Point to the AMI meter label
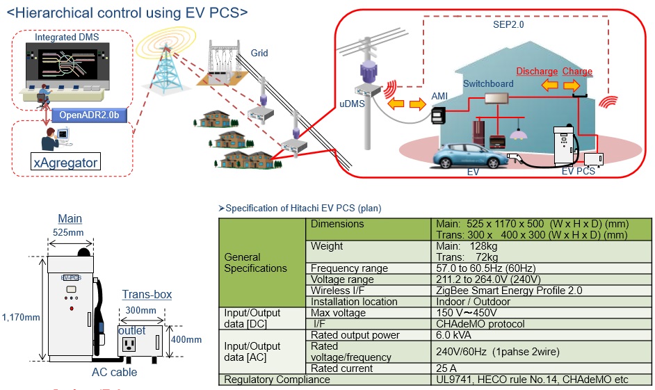(439, 95)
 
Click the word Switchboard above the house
(488, 83)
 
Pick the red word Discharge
(536, 72)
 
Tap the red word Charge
(577, 72)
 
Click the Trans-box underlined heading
(147, 295)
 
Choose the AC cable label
(115, 372)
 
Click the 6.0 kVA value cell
(453, 335)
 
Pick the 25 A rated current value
(446, 368)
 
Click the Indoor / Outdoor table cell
(473, 302)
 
